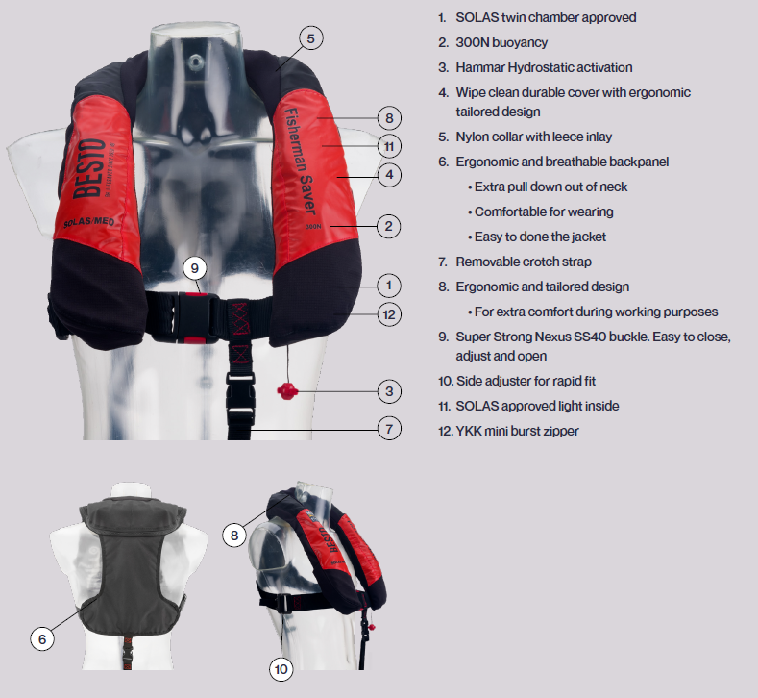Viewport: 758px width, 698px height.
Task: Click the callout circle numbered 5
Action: point(311,38)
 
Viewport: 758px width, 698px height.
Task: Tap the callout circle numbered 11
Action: point(389,146)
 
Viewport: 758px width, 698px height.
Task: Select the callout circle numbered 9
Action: point(195,268)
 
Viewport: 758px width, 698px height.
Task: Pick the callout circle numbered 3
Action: point(389,391)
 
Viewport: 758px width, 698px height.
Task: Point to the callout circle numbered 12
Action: point(389,315)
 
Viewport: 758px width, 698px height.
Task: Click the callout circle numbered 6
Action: point(42,639)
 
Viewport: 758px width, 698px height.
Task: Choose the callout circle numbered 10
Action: point(281,669)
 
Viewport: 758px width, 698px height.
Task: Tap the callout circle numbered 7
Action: point(389,429)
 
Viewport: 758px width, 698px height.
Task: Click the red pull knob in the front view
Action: point(286,390)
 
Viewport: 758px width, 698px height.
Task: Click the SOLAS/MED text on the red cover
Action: point(89,222)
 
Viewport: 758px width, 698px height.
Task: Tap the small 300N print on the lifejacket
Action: point(313,226)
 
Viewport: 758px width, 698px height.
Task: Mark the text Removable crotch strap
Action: point(524,262)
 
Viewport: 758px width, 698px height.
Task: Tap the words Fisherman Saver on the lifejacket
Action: point(300,162)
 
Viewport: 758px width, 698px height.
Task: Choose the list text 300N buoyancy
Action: point(501,42)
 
